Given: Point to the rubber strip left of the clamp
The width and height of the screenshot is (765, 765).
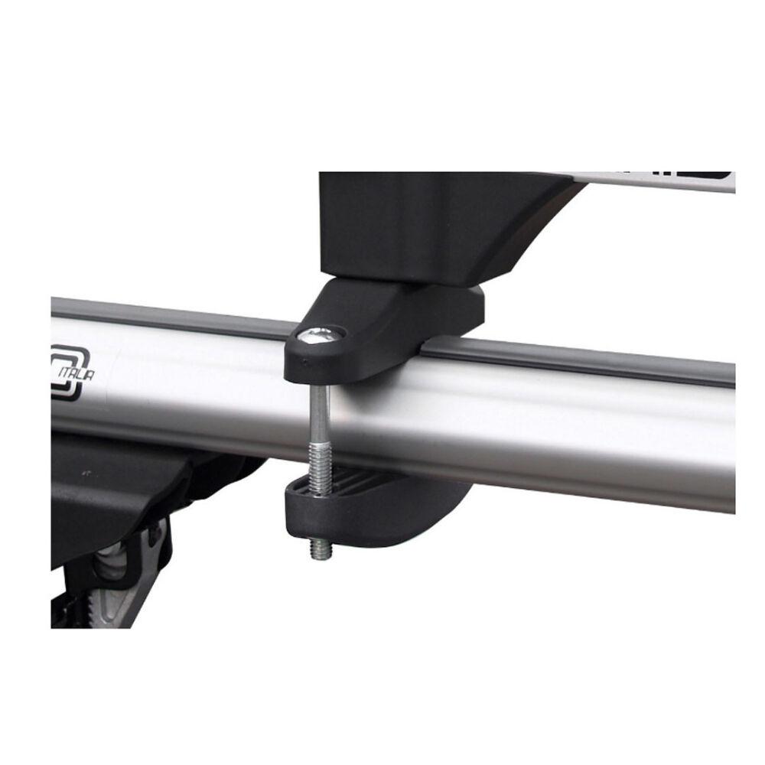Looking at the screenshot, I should click(168, 319).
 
